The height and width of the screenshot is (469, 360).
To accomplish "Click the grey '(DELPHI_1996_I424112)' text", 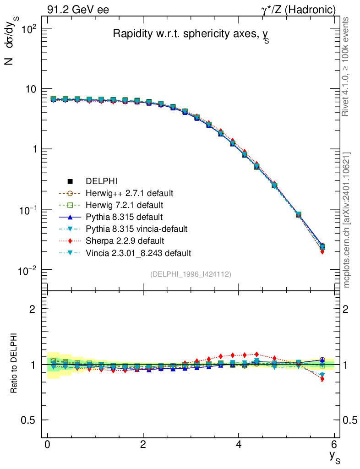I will (x=191, y=274).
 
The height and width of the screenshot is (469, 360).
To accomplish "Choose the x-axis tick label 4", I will (x=239, y=445).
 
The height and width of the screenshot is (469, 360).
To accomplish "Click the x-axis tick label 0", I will (x=47, y=445).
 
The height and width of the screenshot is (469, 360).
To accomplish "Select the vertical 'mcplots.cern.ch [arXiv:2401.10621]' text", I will (x=346, y=220).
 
